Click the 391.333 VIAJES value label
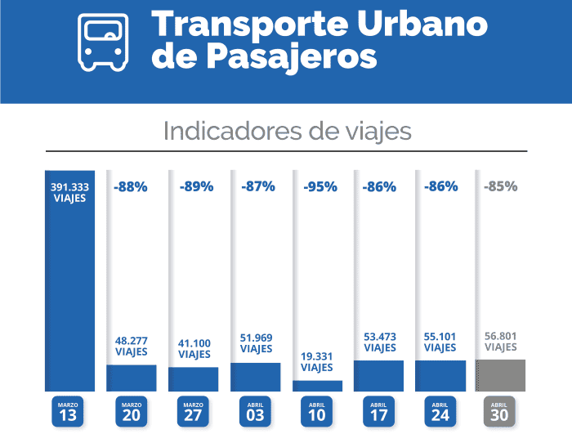pos(69,192)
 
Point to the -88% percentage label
pos(131,186)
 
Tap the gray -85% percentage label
pos(501,186)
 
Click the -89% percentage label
pos(194,186)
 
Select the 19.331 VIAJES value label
pos(317,363)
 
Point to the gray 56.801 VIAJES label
pos(501,341)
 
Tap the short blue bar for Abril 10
pos(317,385)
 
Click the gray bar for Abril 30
pos(501,375)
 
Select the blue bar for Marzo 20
pos(132,378)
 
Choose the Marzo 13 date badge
pos(69,411)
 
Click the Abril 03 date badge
pos(255,411)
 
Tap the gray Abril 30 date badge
pos(501,411)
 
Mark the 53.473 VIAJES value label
pos(378,342)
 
